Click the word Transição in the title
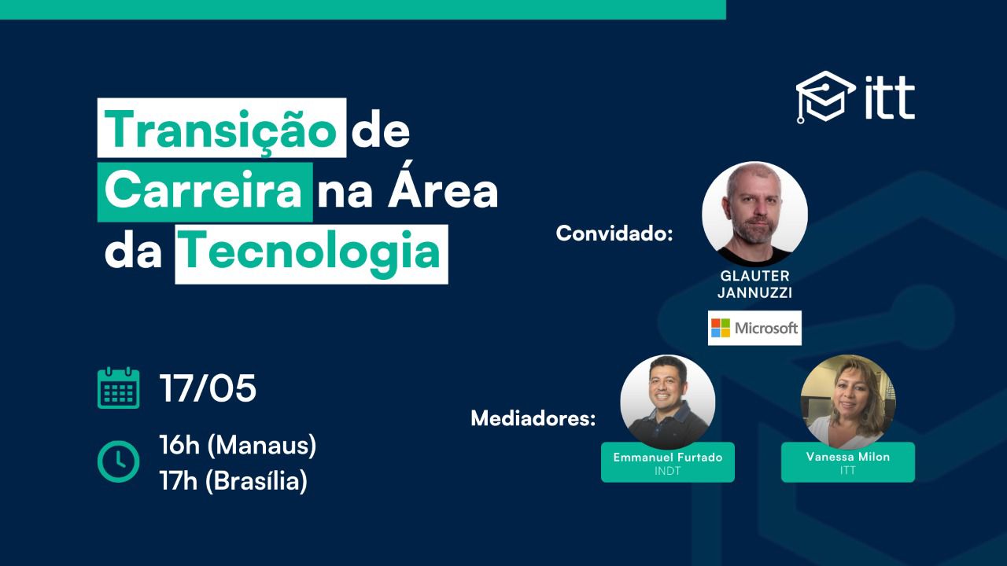tap(221, 130)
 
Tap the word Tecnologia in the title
tap(311, 254)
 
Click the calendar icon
tap(118, 388)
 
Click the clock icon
tap(118, 461)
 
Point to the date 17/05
tap(208, 388)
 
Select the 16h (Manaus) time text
tap(238, 446)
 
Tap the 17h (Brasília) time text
tap(234, 481)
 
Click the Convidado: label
tap(614, 233)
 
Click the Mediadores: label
tap(533, 418)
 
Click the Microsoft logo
tap(754, 328)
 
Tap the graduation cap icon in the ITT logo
tap(826, 97)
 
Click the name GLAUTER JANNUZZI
tap(754, 285)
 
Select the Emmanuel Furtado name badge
tap(668, 463)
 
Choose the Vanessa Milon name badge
tap(848, 462)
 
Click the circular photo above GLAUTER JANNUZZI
tap(754, 215)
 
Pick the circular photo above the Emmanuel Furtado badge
tap(668, 402)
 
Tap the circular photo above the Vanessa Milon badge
tap(848, 402)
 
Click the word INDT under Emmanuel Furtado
tap(668, 471)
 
